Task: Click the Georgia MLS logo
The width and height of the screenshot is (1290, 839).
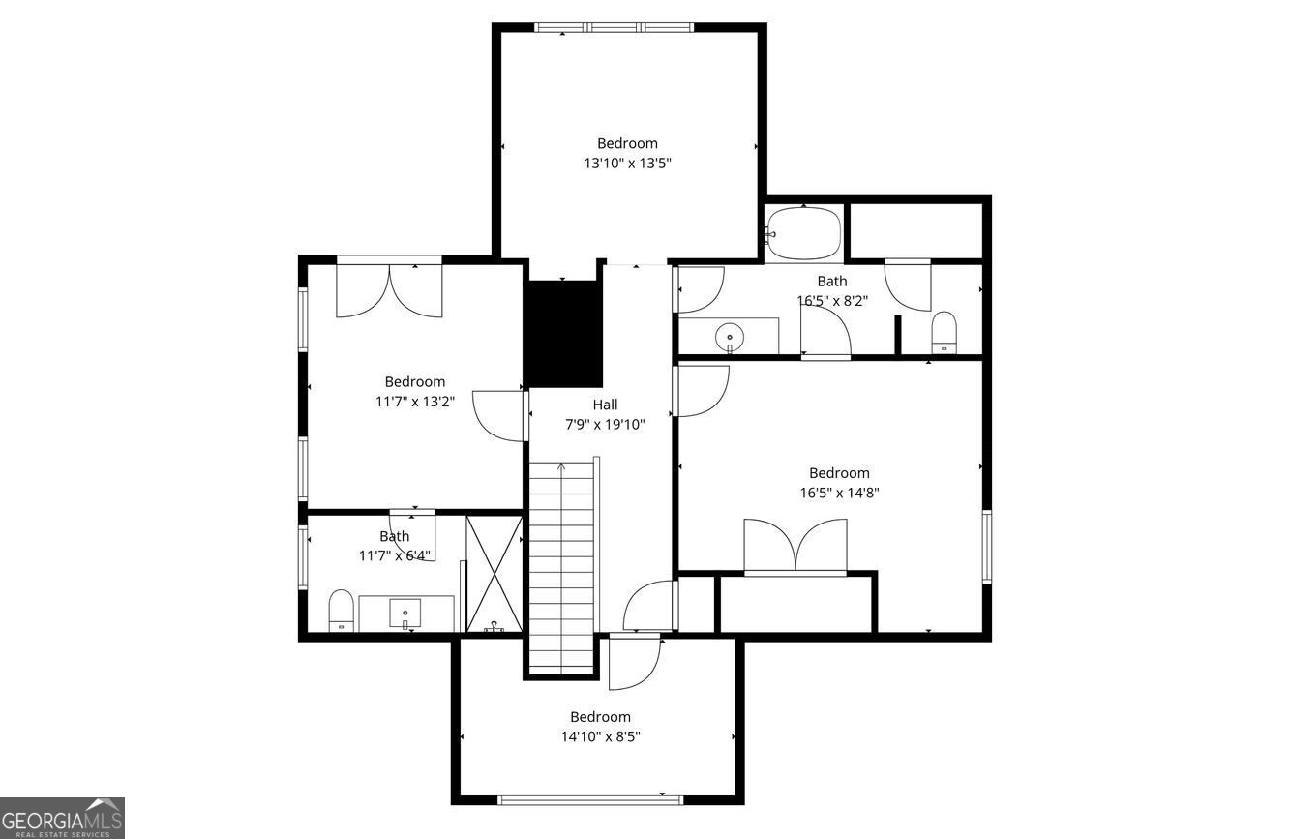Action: point(62,818)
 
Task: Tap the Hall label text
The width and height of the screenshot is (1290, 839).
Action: point(605,405)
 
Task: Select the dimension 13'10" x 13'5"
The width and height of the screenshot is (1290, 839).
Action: point(628,164)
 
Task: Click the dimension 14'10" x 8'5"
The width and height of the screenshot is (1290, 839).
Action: point(601,736)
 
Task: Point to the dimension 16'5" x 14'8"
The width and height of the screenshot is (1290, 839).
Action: point(839,493)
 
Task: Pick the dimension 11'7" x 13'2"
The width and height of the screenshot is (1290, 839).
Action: point(415,402)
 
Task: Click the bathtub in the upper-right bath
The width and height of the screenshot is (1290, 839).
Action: point(804,233)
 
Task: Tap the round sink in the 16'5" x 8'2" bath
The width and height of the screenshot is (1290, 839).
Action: point(730,337)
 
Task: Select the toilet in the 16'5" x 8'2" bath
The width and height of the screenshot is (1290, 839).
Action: point(944,332)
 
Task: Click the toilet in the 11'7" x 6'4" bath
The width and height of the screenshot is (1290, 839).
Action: point(341,611)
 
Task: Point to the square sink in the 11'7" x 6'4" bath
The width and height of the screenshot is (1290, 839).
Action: point(405,614)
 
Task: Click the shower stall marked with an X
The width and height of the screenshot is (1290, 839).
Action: point(495,574)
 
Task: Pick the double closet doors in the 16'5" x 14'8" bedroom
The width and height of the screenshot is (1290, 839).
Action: point(795,546)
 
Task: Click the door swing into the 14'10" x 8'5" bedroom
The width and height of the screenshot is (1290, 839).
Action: point(635,661)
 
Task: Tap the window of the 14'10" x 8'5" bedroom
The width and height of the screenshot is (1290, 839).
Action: point(590,800)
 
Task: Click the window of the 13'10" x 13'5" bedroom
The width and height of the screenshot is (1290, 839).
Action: point(614,27)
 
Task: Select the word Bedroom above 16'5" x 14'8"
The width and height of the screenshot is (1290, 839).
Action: point(839,473)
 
